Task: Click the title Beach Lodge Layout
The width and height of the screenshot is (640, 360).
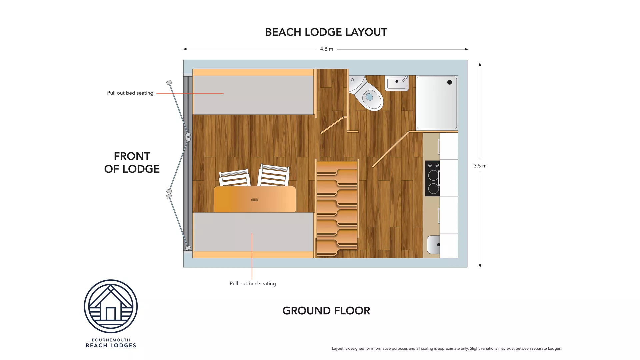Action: (x=326, y=32)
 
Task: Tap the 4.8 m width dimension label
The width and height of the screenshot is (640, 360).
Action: (x=326, y=49)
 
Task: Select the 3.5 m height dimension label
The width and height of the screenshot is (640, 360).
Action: (x=480, y=166)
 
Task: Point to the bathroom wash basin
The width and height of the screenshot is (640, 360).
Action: (x=397, y=83)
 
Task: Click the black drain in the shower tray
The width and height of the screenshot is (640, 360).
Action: (x=449, y=82)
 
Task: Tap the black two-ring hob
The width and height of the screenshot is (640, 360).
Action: (x=433, y=179)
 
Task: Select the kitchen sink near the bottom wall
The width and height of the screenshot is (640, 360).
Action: (x=433, y=245)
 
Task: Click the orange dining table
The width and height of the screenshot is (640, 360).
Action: (x=255, y=199)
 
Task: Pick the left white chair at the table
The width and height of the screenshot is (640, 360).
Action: (x=234, y=178)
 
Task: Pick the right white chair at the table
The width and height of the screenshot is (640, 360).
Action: (x=274, y=175)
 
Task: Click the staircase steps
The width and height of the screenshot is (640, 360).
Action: (x=337, y=208)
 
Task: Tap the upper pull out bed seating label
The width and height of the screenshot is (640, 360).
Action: (x=130, y=93)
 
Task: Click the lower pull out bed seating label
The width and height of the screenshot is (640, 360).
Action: (x=252, y=284)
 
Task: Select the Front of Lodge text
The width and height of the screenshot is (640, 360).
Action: (x=132, y=162)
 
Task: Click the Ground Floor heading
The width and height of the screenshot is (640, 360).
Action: (x=326, y=311)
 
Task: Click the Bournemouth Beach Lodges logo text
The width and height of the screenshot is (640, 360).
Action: (x=111, y=343)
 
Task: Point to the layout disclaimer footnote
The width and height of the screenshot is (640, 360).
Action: (x=446, y=348)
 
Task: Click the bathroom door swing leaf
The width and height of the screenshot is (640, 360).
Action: (x=390, y=149)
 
